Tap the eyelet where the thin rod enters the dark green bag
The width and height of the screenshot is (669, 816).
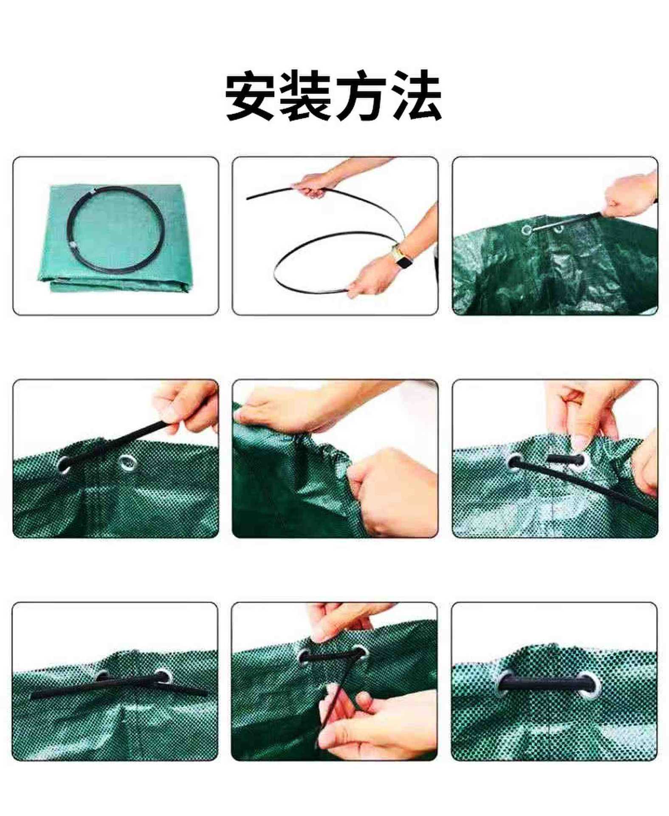(527, 230)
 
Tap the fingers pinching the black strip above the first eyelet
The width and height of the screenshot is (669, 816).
(187, 408)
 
